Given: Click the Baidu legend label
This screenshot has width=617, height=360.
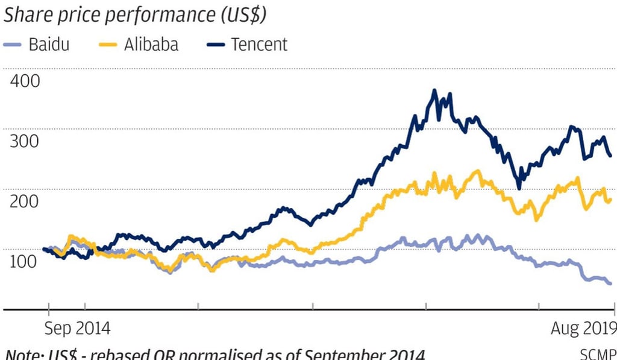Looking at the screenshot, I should coord(49,45).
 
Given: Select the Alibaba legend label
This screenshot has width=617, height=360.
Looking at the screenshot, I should coord(151,45).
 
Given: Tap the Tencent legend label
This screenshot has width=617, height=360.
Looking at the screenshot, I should coord(259,45).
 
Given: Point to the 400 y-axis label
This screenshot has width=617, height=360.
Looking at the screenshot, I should coord(25,81).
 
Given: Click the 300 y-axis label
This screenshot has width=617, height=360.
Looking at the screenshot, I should coord(25,141).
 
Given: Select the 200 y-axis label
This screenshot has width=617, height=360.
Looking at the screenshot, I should coord(25,201).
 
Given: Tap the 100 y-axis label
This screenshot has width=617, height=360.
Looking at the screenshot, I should coord(25,261).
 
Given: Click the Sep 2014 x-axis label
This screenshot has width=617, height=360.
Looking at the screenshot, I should coord(78,329).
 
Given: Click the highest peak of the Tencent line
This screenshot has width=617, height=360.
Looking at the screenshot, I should coord(434,91).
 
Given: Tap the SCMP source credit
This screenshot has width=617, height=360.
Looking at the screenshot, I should coord(598,354).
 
